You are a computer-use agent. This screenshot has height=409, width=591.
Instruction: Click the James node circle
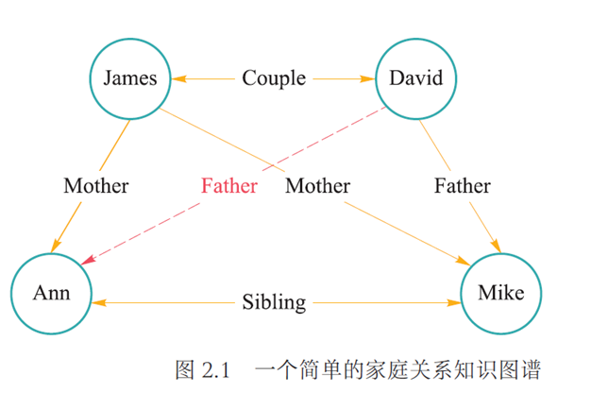(130, 77)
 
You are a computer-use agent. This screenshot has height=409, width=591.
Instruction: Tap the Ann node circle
(52, 293)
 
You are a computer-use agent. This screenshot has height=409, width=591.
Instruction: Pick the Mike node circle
(500, 293)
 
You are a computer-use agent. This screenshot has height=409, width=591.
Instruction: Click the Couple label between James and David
(274, 77)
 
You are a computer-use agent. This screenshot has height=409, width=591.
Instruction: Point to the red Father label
(228, 185)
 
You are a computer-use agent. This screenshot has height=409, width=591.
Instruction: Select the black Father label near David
(463, 185)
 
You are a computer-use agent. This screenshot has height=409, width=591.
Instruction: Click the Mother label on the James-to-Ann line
(96, 185)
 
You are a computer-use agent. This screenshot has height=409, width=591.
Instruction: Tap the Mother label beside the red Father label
(317, 185)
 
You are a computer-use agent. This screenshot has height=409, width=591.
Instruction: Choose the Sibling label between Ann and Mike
(274, 303)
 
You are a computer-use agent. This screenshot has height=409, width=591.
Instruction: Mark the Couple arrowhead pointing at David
(371, 77)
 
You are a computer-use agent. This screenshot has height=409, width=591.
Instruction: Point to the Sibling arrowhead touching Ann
(99, 303)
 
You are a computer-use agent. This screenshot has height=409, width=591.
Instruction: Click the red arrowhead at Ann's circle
(88, 259)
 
